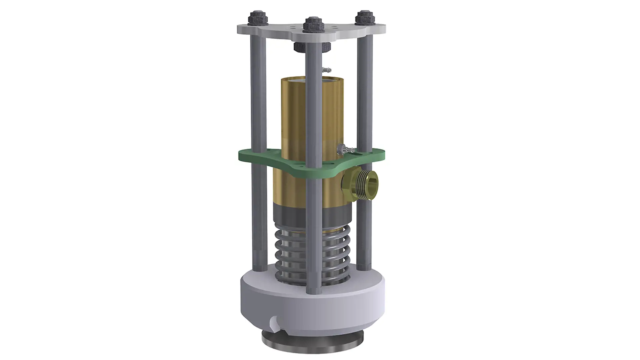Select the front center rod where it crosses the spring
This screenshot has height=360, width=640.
coord(313,253)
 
